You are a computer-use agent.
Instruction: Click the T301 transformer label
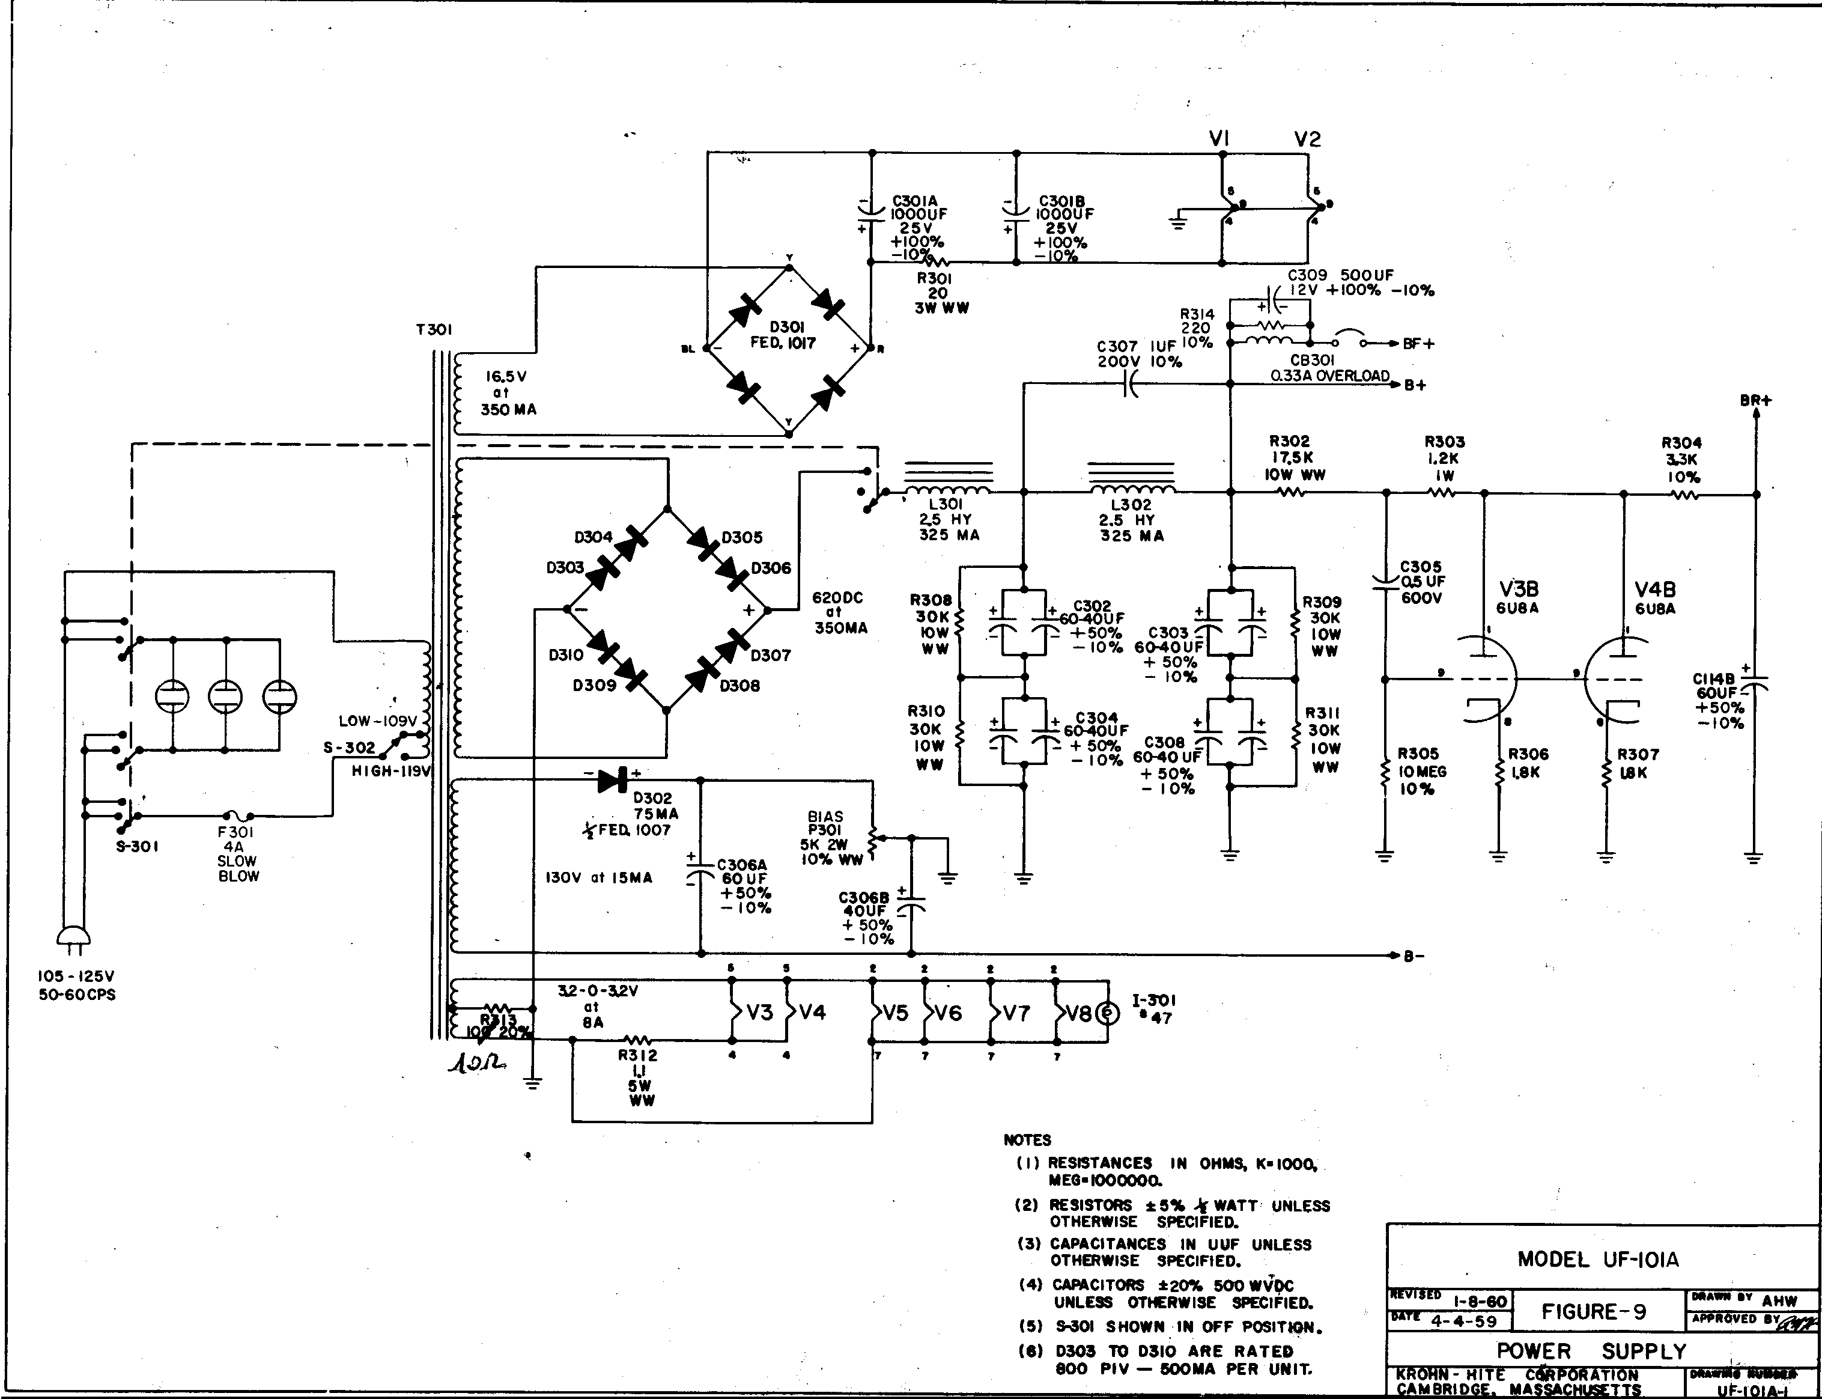tap(434, 330)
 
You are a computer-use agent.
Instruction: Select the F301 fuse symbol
tap(238, 816)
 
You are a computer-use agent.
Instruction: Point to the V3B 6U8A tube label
tap(1518, 597)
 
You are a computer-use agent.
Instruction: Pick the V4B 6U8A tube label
tap(1655, 598)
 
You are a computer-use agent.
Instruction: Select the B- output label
tap(1414, 957)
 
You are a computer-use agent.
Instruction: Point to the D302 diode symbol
tap(613, 780)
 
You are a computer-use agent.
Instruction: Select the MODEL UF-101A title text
tap(1597, 1259)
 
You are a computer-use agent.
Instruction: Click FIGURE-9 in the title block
tap(1593, 1311)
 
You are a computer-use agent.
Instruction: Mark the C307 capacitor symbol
tap(1129, 384)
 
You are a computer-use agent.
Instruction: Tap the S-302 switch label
tap(350, 748)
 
